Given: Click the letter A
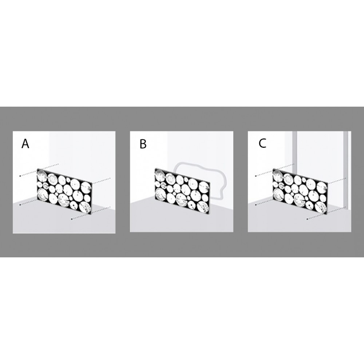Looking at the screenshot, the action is click(x=25, y=143).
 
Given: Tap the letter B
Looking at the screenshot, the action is click(x=143, y=144).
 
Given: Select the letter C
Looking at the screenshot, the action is click(x=262, y=143).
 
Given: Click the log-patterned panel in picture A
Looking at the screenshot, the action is click(x=64, y=191).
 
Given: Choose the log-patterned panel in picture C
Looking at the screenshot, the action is click(x=300, y=191).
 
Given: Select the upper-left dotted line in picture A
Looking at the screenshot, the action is click(x=39, y=170).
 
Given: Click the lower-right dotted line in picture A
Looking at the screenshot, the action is click(x=91, y=213).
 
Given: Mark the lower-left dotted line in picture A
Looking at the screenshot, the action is click(x=28, y=202).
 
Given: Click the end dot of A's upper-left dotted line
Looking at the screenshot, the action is click(x=20, y=176).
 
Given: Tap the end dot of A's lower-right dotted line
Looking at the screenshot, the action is click(x=71, y=219).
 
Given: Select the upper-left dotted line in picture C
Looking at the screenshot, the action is click(x=275, y=170).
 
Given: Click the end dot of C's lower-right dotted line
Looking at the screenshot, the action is click(x=307, y=219).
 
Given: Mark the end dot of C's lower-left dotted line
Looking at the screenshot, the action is click(x=256, y=205).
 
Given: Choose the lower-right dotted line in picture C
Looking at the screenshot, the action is click(x=327, y=213).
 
